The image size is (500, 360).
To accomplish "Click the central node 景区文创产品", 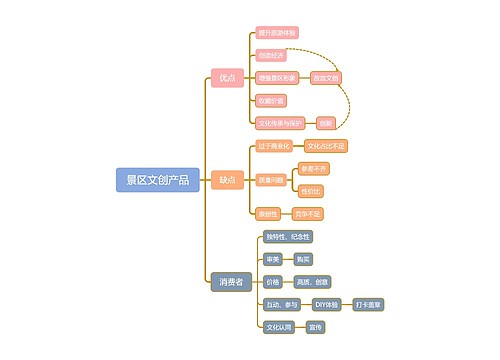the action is [157, 179].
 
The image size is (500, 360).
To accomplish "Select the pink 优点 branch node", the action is [228, 78].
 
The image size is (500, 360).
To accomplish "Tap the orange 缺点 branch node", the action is [228, 179].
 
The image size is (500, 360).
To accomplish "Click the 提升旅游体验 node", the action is [277, 33].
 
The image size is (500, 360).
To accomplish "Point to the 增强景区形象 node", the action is [277, 77].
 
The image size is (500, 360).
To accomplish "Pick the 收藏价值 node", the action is [271, 100].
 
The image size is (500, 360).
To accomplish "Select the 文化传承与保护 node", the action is [280, 123].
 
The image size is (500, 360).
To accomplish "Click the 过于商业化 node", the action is [274, 146].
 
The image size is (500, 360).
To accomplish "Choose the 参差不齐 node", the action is [313, 168].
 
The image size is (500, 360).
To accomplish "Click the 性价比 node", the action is [311, 190].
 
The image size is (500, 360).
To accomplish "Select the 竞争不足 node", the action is [308, 213].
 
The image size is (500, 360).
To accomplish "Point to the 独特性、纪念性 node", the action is [288, 236].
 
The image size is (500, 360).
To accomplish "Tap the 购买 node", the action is [316, 259].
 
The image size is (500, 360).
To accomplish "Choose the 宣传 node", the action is [315, 327].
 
